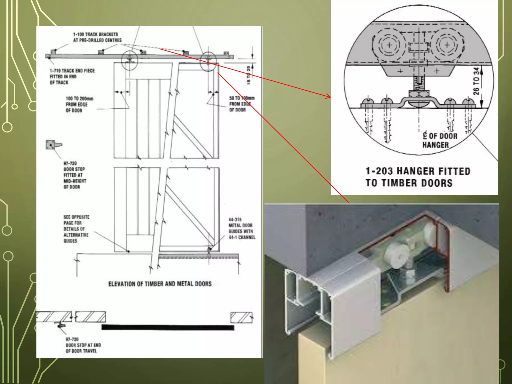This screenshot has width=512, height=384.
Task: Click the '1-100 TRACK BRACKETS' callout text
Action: [x=97, y=37]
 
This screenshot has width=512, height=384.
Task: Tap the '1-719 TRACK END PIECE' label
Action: [x=72, y=76]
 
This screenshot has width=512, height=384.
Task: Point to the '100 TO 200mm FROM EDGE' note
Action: [x=79, y=104]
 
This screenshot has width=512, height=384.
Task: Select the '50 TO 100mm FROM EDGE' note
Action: [x=241, y=104]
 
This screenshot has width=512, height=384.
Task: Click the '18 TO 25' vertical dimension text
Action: [x=248, y=75]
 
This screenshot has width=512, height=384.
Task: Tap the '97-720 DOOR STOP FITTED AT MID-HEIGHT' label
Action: [x=74, y=175]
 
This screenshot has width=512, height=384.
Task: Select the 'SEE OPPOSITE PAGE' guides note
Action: [x=76, y=229]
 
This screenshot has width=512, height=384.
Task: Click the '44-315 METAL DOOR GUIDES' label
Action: [x=241, y=228]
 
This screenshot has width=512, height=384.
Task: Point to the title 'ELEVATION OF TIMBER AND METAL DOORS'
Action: [x=160, y=284]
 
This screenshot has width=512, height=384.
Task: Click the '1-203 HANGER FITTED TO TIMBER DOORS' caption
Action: [x=417, y=177]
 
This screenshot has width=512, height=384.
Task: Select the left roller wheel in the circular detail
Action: [x=389, y=45]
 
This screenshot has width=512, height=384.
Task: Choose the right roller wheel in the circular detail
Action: [x=447, y=45]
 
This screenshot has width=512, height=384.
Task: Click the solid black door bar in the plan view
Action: [x=168, y=327]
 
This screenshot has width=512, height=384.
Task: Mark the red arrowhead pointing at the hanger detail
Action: [x=328, y=96]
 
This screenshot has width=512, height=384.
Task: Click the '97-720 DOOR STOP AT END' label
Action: [x=83, y=345]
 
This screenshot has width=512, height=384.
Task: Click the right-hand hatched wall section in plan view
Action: [x=241, y=317]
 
